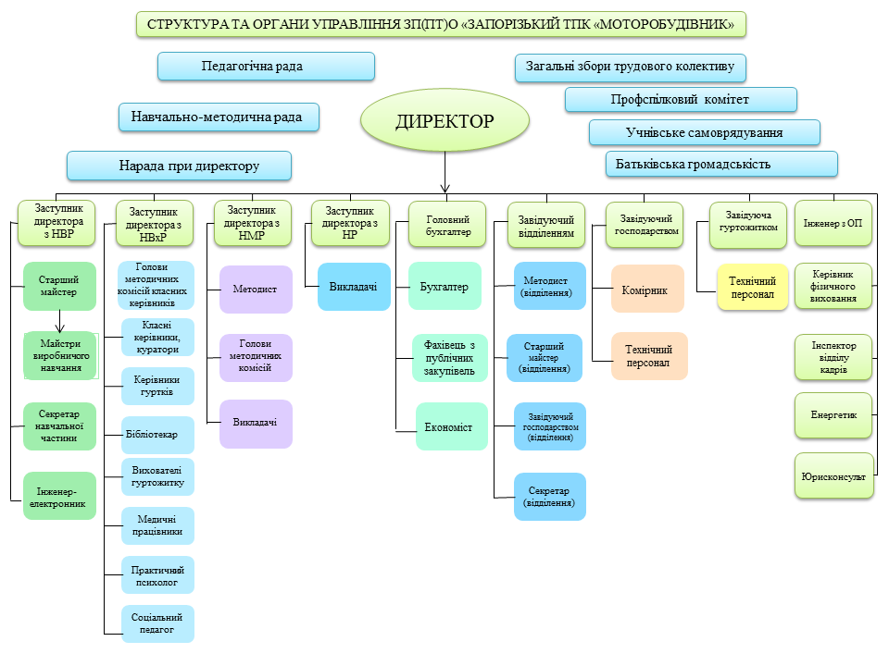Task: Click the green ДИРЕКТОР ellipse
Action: tap(444, 121)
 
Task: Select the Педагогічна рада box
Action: tap(266, 67)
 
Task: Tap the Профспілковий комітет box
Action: tap(681, 100)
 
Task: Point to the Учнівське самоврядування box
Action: tap(704, 132)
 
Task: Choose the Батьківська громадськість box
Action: tap(721, 165)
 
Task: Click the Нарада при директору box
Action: tap(179, 166)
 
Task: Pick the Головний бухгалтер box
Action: tap(448, 226)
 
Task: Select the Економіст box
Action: tap(452, 426)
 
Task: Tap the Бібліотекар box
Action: tap(158, 433)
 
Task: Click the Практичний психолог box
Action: tap(158, 575)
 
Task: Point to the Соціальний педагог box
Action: tap(158, 623)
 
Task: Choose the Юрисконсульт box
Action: tap(833, 476)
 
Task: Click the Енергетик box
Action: tap(833, 415)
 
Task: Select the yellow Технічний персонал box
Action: tap(752, 288)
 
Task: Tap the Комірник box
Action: tap(648, 290)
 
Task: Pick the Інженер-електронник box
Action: tap(59, 497)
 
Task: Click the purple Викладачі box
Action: tap(256, 423)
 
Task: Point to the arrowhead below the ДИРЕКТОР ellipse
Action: tap(445, 186)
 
